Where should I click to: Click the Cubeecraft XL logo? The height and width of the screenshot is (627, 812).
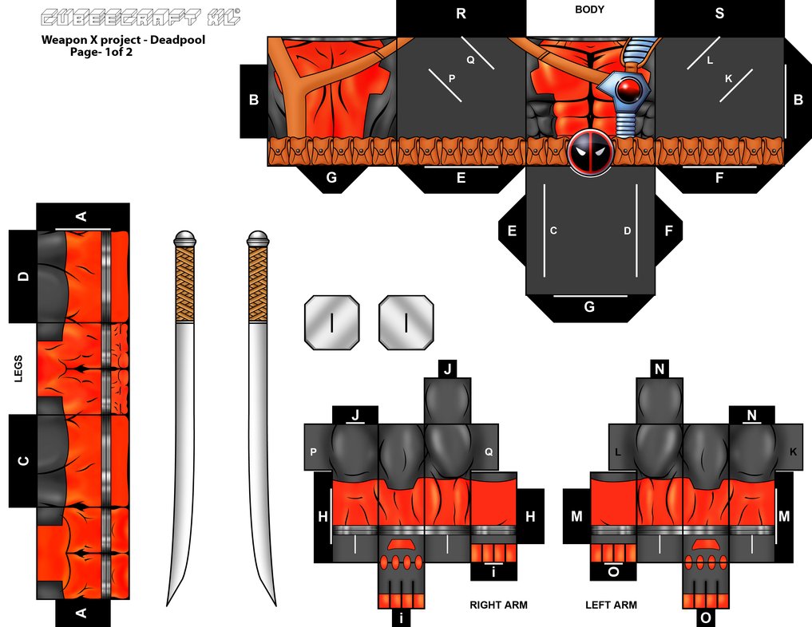point(140,18)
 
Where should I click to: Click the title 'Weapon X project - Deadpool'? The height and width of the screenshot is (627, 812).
point(123,39)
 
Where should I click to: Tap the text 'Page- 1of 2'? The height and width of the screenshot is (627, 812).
point(99,51)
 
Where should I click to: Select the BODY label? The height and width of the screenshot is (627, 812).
point(589,10)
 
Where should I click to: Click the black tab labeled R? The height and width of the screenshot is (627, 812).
point(461,14)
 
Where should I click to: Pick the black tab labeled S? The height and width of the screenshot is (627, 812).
point(719,14)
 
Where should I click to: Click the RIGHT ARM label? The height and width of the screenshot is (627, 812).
point(498,605)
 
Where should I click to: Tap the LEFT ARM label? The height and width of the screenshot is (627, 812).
point(611,605)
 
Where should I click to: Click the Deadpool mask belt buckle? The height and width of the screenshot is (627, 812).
point(590,153)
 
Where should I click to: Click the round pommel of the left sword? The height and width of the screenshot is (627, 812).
point(184,238)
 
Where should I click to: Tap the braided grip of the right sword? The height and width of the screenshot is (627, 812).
point(258,284)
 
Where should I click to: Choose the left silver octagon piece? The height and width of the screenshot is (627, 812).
point(331,322)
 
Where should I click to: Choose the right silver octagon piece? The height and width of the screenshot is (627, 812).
point(406,322)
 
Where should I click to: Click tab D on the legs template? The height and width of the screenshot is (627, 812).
point(23,276)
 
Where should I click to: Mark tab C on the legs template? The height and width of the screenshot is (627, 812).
point(23,460)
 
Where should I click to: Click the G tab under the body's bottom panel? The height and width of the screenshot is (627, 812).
point(589,307)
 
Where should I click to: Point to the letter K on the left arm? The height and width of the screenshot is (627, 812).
point(793,452)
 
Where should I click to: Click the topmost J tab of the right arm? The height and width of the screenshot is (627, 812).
point(447,369)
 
